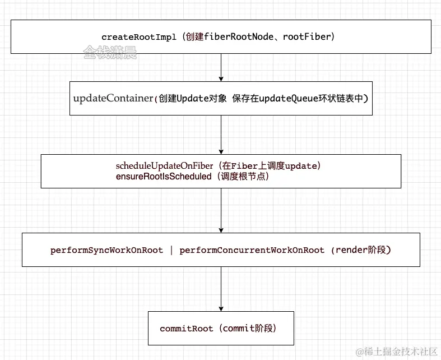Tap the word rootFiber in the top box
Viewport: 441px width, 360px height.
308,36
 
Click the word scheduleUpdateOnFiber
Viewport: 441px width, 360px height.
164,166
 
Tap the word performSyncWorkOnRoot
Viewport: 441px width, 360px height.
106,250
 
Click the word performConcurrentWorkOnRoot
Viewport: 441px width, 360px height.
252,250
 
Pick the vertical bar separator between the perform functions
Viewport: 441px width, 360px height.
171,250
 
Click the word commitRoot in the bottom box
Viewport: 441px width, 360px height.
186,329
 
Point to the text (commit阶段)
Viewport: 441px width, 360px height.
249,329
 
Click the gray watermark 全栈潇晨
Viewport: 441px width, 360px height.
110,53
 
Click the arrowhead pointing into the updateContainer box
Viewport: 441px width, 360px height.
221,79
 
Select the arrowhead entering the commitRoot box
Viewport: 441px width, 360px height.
221,308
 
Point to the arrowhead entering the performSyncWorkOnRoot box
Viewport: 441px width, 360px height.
221,230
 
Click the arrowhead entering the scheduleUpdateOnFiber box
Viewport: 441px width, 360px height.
221,151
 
